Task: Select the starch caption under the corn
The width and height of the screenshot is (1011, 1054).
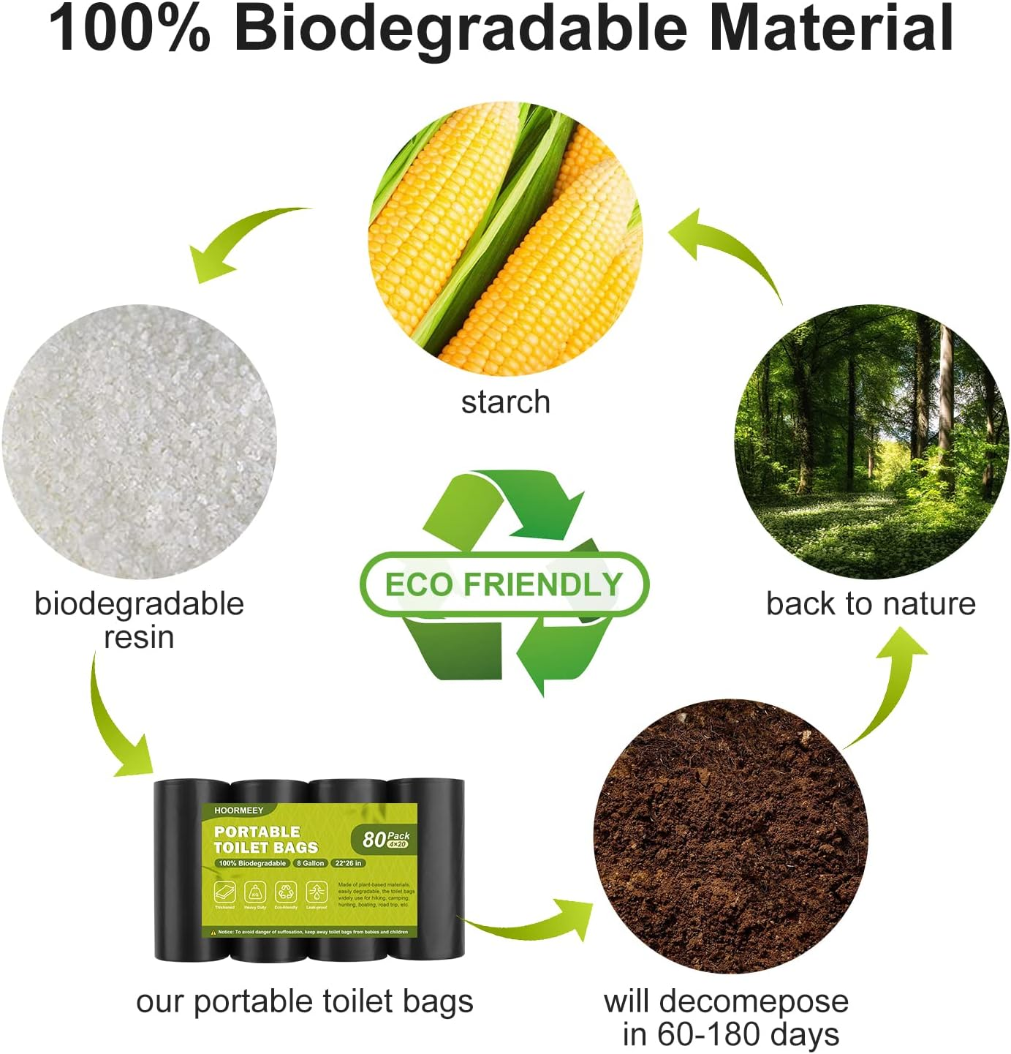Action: [505, 402]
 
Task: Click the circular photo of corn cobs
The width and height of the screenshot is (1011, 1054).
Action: [505, 238]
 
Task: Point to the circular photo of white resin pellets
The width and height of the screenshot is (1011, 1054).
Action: [139, 442]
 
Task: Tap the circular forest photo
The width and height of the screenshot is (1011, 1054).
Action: [871, 442]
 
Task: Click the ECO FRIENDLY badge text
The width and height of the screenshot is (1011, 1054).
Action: [504, 584]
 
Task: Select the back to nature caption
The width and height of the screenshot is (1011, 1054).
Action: [871, 604]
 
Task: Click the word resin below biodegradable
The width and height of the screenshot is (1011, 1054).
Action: [139, 638]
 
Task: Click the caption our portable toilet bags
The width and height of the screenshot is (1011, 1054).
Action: [304, 1001]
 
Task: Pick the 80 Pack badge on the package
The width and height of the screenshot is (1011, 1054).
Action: [385, 838]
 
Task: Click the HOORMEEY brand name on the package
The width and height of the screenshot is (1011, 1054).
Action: [239, 810]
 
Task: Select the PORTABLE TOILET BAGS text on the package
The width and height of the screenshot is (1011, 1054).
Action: [265, 840]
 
